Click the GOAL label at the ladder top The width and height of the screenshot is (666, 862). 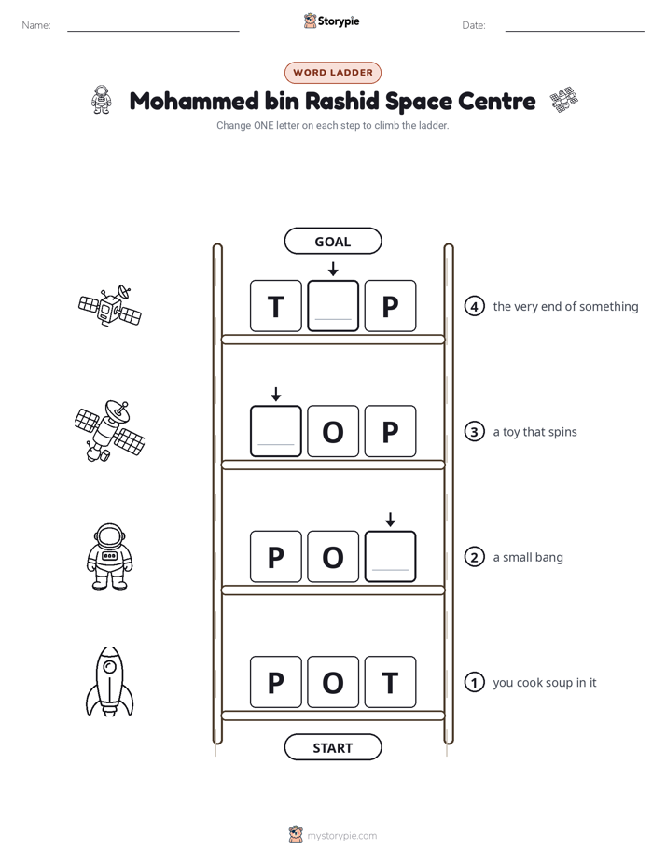tap(332, 241)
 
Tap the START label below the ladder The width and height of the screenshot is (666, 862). tap(332, 747)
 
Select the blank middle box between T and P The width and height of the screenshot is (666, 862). tap(333, 306)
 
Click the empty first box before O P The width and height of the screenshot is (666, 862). tap(276, 431)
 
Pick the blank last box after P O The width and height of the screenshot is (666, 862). tap(390, 556)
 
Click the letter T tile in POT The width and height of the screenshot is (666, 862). tap(390, 682)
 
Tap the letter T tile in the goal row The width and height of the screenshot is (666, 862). tap(276, 306)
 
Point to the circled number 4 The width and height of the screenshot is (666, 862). tap(474, 306)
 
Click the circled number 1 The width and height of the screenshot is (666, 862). tap(474, 682)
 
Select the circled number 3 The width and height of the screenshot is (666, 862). tap(474, 432)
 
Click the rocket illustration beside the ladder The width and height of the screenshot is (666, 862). tap(109, 682)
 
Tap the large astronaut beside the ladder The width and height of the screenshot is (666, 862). tap(110, 556)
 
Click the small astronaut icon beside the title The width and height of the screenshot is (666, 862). tap(101, 100)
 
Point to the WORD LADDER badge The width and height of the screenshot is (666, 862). tap(333, 73)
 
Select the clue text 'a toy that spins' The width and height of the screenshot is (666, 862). tap(534, 432)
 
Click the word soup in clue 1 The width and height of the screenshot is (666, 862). tap(559, 683)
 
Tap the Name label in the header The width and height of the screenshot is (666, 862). tap(36, 25)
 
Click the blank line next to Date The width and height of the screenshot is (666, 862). tap(575, 32)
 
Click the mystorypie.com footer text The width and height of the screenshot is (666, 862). tap(341, 836)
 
